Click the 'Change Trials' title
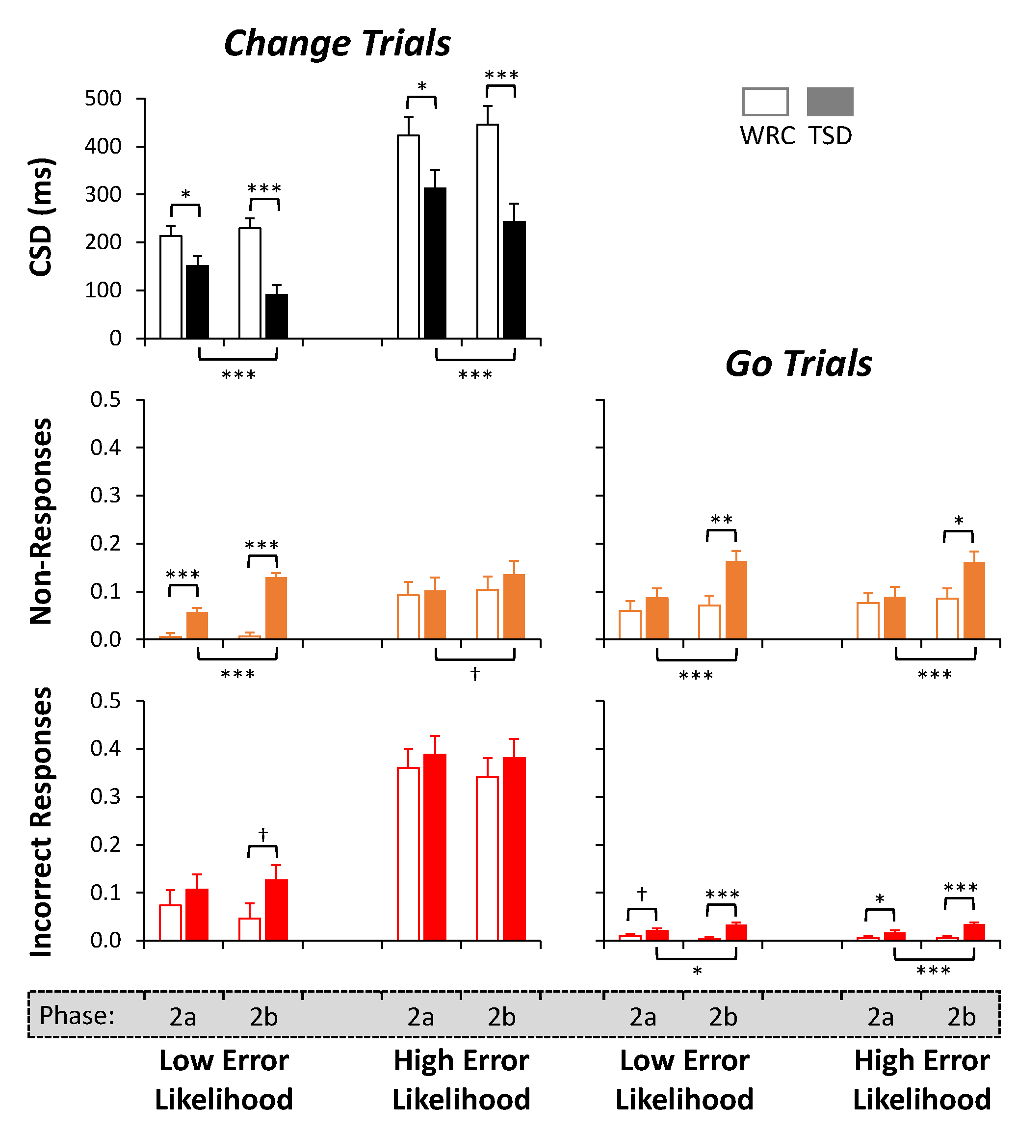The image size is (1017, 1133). (x=337, y=44)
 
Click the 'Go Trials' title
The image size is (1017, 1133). (x=798, y=364)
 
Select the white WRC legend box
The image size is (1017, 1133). (x=765, y=102)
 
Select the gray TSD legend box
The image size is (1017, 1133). (x=830, y=102)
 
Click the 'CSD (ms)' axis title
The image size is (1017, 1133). (x=41, y=217)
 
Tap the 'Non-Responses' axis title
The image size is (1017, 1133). (x=41, y=521)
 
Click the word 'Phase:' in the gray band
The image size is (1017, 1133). (x=77, y=1015)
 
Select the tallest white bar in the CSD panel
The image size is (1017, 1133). (x=487, y=231)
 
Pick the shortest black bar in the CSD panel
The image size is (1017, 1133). (x=277, y=316)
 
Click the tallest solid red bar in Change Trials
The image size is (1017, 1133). (x=435, y=847)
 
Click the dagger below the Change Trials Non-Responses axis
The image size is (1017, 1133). (x=475, y=674)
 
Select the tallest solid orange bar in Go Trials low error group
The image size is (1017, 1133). (x=736, y=600)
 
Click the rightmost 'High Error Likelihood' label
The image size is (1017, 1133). (x=921, y=1080)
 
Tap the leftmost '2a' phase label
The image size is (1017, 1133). (x=183, y=1017)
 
